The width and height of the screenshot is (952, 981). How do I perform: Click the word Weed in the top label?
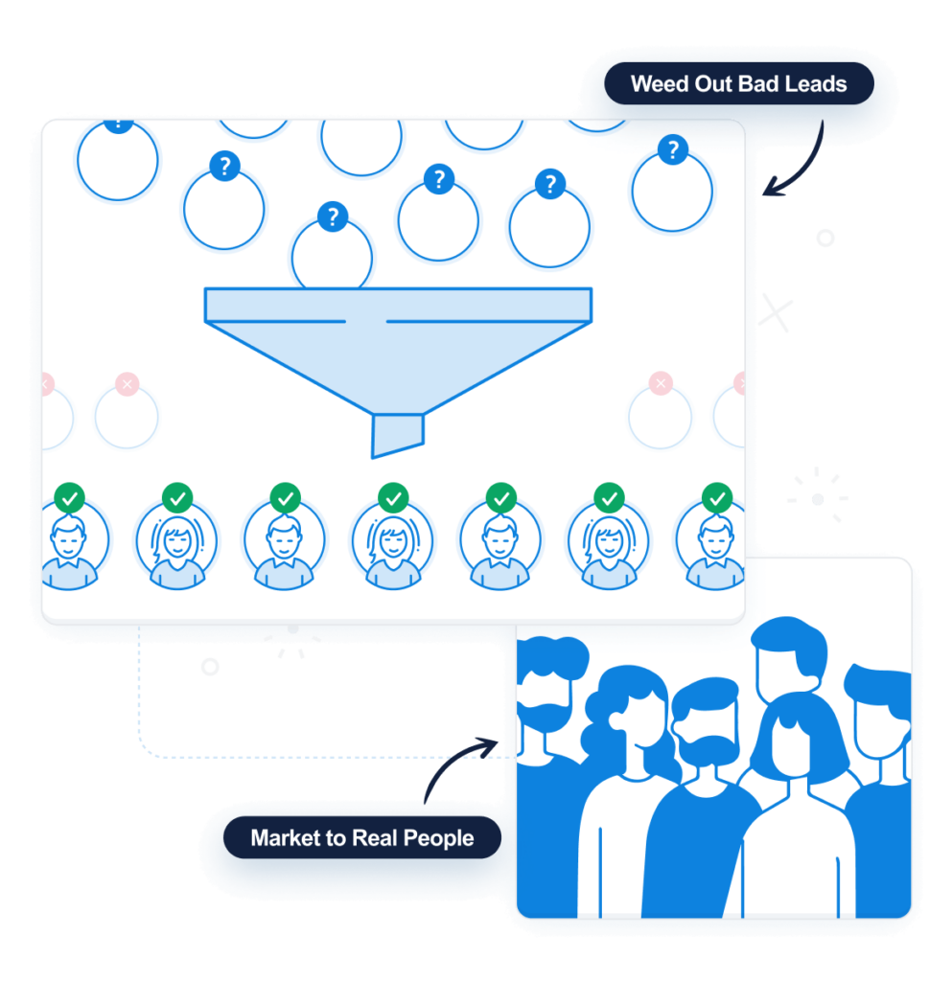[x=659, y=84]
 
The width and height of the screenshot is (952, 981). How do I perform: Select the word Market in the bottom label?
[x=284, y=838]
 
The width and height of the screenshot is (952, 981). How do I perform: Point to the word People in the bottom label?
[x=438, y=838]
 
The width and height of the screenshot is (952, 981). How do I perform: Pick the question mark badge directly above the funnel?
[x=332, y=217]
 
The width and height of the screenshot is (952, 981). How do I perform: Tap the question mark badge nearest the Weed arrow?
[x=673, y=149]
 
